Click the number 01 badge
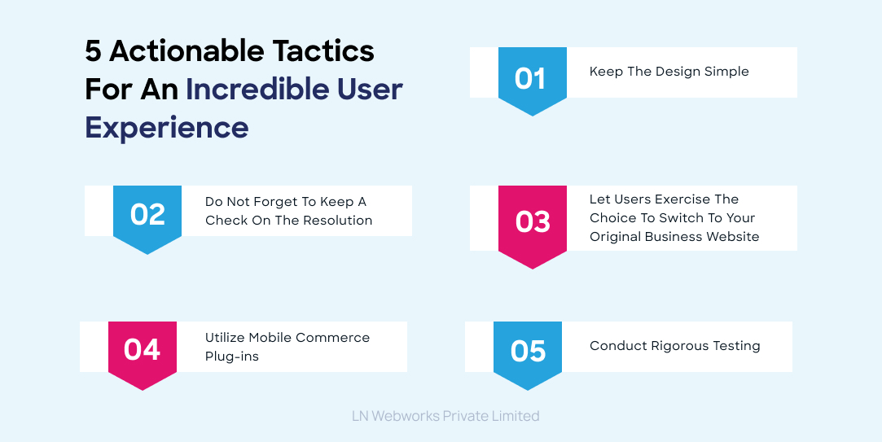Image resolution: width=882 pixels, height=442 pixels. click(532, 79)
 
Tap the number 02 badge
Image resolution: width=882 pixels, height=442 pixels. click(147, 214)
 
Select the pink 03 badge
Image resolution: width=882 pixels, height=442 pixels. click(532, 222)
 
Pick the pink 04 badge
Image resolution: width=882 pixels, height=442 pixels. click(142, 349)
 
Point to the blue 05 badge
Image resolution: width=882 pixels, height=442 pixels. click(528, 351)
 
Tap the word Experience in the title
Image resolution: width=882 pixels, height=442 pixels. click(167, 128)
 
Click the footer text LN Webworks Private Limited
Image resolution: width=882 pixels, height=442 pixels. click(445, 416)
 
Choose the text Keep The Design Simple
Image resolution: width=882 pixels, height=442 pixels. click(669, 72)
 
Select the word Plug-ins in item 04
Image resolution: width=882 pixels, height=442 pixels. click(232, 357)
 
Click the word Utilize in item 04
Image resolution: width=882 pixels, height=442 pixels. click(225, 338)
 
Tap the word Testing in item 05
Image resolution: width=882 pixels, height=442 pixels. click(736, 346)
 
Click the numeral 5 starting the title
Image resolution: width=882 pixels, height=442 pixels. click(93, 50)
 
